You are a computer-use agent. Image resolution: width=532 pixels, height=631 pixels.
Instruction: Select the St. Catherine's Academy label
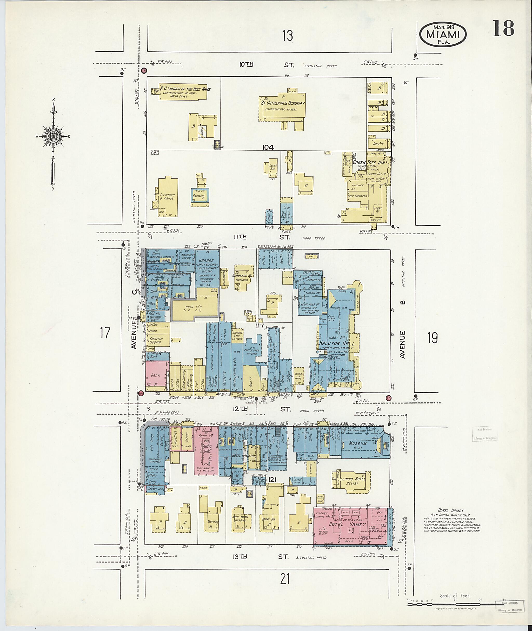(x=283, y=103)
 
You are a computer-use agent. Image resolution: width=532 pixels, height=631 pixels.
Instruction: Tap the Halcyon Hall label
(x=337, y=343)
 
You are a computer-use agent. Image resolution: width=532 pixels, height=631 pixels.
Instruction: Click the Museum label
(x=358, y=444)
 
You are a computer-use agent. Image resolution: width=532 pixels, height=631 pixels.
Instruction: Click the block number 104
(x=268, y=148)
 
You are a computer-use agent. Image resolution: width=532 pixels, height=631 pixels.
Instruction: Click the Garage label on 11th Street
(x=206, y=260)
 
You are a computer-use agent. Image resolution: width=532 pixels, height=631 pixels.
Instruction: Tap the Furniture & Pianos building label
(x=167, y=197)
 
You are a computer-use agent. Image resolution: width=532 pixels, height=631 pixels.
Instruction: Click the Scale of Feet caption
(x=455, y=596)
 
